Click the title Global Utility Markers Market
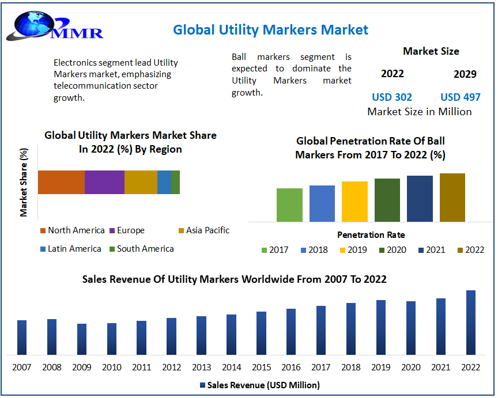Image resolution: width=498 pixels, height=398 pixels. click(x=270, y=29)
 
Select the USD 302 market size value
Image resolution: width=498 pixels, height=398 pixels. click(x=392, y=97)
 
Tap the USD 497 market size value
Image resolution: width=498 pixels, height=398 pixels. click(x=460, y=97)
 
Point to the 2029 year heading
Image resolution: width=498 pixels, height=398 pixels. click(x=465, y=74)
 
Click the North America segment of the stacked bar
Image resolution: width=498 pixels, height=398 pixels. click(x=61, y=182)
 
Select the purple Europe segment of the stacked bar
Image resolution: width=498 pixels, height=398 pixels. click(x=104, y=182)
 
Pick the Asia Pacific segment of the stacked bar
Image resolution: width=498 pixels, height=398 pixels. click(x=141, y=182)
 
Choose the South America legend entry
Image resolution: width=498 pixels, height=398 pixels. click(x=141, y=249)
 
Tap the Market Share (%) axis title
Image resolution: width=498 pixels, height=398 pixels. click(x=24, y=183)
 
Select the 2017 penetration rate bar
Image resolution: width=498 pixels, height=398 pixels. click(x=289, y=205)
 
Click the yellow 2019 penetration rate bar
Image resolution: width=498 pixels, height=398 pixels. click(x=354, y=202)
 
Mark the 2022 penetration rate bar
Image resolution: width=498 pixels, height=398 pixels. click(x=452, y=198)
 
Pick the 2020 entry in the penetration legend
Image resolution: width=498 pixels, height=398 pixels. click(x=392, y=250)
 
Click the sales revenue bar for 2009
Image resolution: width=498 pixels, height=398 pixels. click(x=82, y=339)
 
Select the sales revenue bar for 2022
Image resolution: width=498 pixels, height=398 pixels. click(x=471, y=323)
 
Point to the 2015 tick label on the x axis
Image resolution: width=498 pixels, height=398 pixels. click(x=261, y=367)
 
